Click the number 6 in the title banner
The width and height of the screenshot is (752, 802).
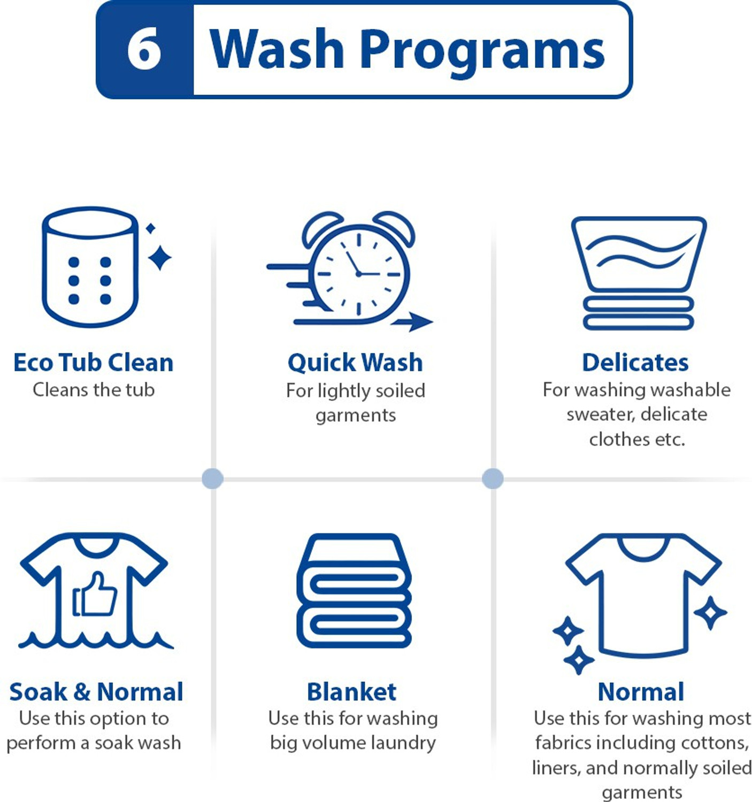point(144,50)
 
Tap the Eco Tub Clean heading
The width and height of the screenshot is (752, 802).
point(94,362)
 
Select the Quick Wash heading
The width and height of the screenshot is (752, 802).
point(355,363)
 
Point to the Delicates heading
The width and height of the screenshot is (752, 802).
point(635,362)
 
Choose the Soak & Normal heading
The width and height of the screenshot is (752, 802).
point(96,692)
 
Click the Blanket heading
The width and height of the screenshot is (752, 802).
point(351,692)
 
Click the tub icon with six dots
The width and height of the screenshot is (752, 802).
point(90,267)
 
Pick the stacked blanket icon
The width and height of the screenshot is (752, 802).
point(354,590)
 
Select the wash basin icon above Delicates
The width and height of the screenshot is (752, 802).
point(639,273)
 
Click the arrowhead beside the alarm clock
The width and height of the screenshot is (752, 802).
point(420,322)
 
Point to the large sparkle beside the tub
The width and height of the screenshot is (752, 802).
point(159,258)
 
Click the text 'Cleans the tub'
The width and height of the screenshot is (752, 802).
point(94,390)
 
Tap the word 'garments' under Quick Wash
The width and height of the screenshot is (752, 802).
point(356,416)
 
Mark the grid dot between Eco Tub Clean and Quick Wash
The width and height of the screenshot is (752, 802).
point(212,479)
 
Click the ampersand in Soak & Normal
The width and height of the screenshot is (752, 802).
point(82,692)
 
